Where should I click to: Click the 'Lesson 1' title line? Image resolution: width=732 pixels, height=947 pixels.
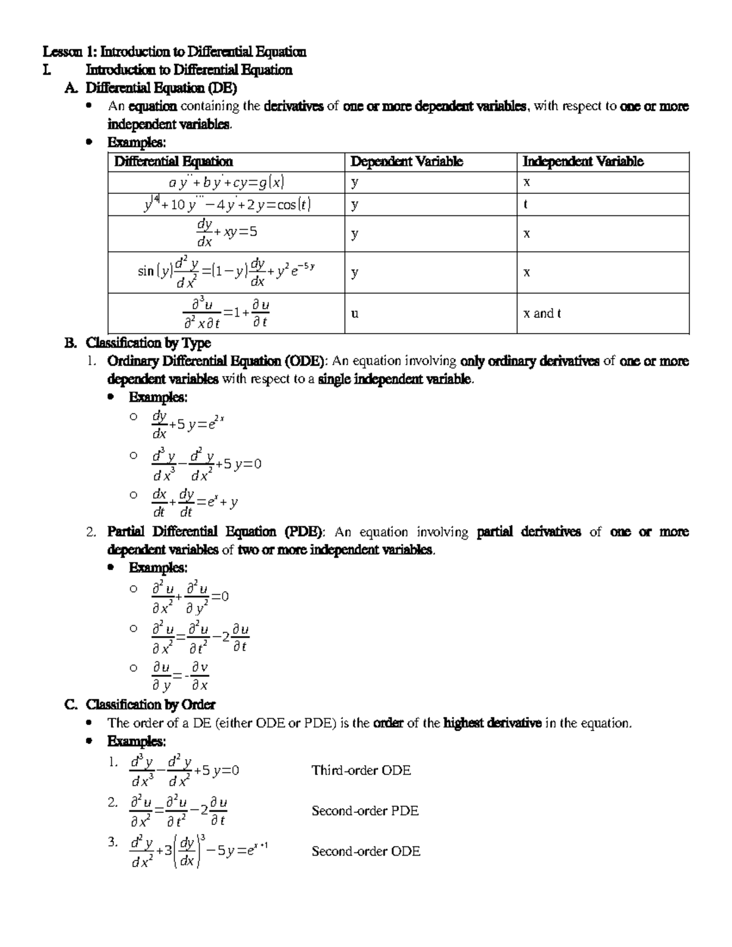coord(173,52)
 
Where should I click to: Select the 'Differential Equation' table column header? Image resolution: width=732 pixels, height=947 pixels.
coord(174,162)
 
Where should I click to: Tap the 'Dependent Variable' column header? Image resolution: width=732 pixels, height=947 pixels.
coord(406,162)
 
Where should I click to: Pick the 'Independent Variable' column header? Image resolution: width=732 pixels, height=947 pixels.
coord(583,162)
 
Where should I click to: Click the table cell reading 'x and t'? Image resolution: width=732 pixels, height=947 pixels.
coord(542,313)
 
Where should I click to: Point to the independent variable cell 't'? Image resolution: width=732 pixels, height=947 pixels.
coord(525,205)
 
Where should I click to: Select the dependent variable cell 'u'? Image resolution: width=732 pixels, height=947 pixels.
coord(354,313)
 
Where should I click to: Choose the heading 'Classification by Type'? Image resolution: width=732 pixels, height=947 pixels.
coord(148,343)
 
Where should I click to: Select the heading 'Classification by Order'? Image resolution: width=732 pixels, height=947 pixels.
coord(150,705)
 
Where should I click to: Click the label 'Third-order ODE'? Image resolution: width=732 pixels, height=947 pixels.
coord(361,770)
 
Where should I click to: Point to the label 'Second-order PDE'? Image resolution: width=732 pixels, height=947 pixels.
coord(365,811)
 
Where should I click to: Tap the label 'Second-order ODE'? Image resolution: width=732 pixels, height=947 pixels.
coord(365,851)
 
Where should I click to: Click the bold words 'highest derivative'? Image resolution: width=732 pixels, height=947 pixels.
coord(492,723)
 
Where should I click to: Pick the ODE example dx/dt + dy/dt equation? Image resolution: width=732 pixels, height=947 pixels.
coord(194,502)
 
